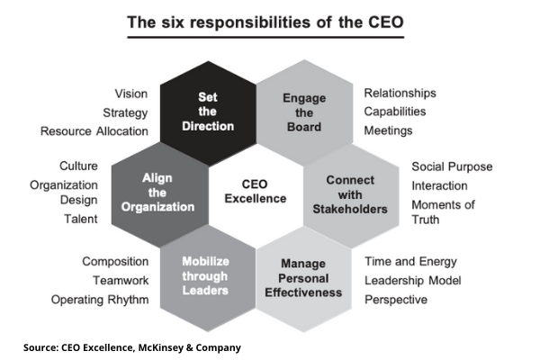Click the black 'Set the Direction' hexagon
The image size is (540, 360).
tap(208, 113)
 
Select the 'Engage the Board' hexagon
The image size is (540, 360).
tap(304, 112)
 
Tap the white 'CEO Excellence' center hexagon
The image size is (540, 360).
tap(256, 195)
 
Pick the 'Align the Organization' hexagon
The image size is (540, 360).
tap(160, 194)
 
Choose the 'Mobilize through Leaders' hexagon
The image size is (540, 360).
tap(208, 278)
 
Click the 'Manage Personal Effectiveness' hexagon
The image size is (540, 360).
tap(303, 279)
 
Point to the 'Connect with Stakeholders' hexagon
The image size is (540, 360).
tap(351, 195)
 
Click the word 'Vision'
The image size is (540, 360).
tap(131, 94)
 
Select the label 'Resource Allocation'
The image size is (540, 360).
tap(94, 131)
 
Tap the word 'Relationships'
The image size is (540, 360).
tap(400, 93)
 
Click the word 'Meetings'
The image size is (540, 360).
tap(388, 130)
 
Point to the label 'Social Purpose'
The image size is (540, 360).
tap(452, 166)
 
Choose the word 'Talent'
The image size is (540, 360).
tap(81, 219)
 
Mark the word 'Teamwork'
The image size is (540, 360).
tap(121, 281)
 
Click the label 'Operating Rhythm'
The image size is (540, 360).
tap(100, 300)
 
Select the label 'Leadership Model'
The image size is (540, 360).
tap(413, 281)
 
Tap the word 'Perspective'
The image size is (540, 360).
tap(396, 300)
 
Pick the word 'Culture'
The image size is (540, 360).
tap(79, 166)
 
